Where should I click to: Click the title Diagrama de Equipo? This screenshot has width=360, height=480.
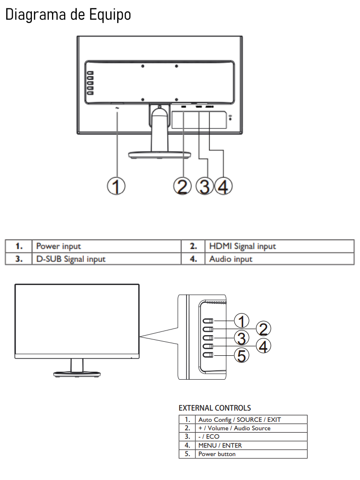68,15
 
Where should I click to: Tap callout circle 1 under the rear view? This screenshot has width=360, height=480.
116,186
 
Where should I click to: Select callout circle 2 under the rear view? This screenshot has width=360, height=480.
182,186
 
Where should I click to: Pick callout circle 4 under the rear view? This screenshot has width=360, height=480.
223,186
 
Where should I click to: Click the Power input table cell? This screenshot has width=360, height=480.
58,246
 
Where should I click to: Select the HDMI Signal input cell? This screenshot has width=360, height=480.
242,246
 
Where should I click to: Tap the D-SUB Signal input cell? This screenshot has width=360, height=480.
71,259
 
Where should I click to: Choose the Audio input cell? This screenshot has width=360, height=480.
231,259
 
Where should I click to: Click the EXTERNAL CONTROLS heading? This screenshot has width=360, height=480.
215,408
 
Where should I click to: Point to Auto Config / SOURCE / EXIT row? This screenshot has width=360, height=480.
240,420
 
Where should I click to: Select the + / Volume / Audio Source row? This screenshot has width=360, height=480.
234,428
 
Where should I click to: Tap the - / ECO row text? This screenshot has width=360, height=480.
209,436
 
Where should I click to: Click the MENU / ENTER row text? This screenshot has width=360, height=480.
220,445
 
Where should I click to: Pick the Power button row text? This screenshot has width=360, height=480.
217,454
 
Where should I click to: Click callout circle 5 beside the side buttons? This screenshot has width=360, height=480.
242,355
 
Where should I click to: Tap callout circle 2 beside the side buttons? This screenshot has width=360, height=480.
263,329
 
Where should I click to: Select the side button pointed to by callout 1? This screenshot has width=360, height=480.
208,321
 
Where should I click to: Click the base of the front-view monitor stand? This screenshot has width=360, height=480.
77,374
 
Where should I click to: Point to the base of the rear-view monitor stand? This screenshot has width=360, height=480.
159,155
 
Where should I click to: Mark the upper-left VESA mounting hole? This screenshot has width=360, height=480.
142,66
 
